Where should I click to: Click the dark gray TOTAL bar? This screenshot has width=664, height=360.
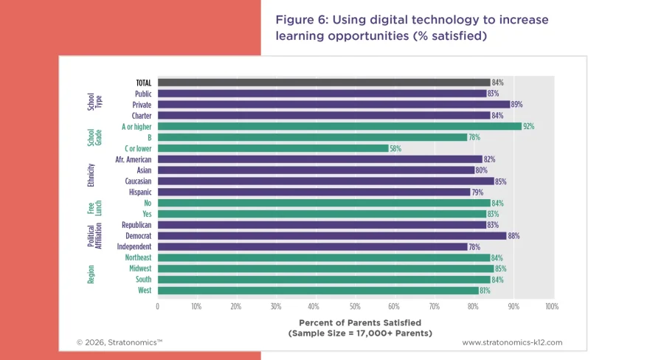pos(323,83)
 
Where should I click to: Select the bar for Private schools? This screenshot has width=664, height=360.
pos(333,105)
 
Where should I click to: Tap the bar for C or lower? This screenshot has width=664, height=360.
pos(272,148)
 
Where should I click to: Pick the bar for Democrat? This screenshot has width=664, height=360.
pos(331,236)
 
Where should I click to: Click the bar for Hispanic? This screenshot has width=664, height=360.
pos(314,193)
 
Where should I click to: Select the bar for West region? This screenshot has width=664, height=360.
pos(317,291)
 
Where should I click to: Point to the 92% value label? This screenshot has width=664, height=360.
pos(528,127)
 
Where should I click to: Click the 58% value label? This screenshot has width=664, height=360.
pos(395,148)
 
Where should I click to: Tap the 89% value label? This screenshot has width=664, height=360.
pos(516,105)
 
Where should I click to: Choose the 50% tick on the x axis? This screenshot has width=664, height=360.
pos(354,305)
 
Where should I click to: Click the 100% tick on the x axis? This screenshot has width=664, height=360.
pos(550,305)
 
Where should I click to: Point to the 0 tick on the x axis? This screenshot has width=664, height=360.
pos(157,305)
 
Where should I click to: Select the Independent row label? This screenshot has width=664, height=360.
pos(134,246)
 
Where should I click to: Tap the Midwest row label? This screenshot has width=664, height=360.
pos(139,269)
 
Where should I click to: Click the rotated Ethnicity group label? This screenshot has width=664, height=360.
pos(91,176)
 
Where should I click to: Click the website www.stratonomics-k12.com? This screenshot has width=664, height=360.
pos(512,342)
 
